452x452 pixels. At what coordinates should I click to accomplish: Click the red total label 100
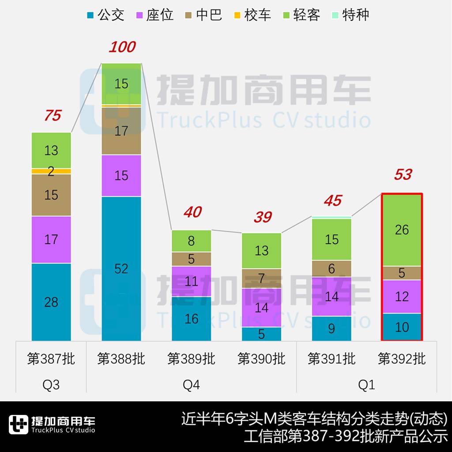tap(122, 47)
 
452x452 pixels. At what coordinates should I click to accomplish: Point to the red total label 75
tap(52, 116)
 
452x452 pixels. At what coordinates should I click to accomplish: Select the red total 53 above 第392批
tap(403, 175)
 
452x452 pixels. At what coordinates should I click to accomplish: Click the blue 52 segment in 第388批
tap(121, 268)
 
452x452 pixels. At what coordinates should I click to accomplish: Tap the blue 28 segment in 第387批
tap(51, 302)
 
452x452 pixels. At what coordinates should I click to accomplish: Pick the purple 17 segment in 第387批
tap(51, 239)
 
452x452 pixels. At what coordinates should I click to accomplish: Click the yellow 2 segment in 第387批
tap(51, 171)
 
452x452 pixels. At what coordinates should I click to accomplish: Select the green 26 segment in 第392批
tap(402, 230)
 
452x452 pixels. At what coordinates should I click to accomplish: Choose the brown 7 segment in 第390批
tap(261, 279)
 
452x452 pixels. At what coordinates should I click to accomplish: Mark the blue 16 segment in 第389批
tap(191, 318)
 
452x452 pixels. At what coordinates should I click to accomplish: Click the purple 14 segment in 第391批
tap(331, 296)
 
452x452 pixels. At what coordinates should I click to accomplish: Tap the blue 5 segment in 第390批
tap(261, 334)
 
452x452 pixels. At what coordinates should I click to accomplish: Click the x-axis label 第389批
tap(191, 358)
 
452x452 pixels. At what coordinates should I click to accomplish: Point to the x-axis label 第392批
tap(402, 358)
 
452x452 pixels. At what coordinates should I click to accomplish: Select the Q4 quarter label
tap(191, 385)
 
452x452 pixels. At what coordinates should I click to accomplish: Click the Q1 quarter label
tap(366, 385)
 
